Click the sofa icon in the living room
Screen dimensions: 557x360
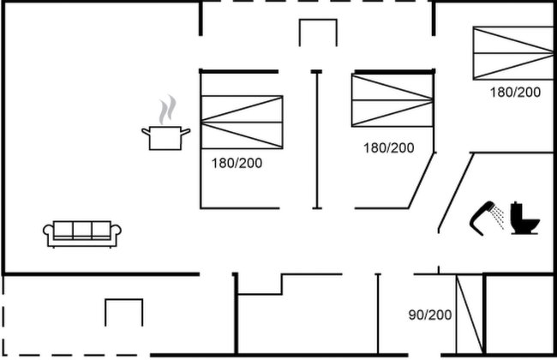(x=82, y=234)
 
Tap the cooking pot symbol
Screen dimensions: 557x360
(x=166, y=138)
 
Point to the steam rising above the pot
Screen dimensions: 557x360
(x=167, y=110)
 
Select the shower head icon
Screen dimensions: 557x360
(x=482, y=218)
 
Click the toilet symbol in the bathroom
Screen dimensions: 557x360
(x=525, y=219)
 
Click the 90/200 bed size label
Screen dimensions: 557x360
(x=430, y=315)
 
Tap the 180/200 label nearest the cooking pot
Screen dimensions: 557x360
(x=237, y=163)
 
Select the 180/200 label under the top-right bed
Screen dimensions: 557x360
(x=515, y=92)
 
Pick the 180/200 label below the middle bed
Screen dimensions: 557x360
(x=389, y=147)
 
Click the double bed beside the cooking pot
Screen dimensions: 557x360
(x=242, y=123)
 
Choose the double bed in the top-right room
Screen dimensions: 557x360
(x=513, y=53)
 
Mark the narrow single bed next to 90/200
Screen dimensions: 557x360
(x=470, y=315)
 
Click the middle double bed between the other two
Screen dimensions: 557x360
(x=392, y=100)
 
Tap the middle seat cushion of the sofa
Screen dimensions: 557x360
(x=82, y=230)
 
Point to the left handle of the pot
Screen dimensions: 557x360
(x=146, y=132)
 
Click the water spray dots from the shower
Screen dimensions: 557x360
(x=499, y=216)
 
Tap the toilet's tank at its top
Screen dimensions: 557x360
(x=516, y=210)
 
